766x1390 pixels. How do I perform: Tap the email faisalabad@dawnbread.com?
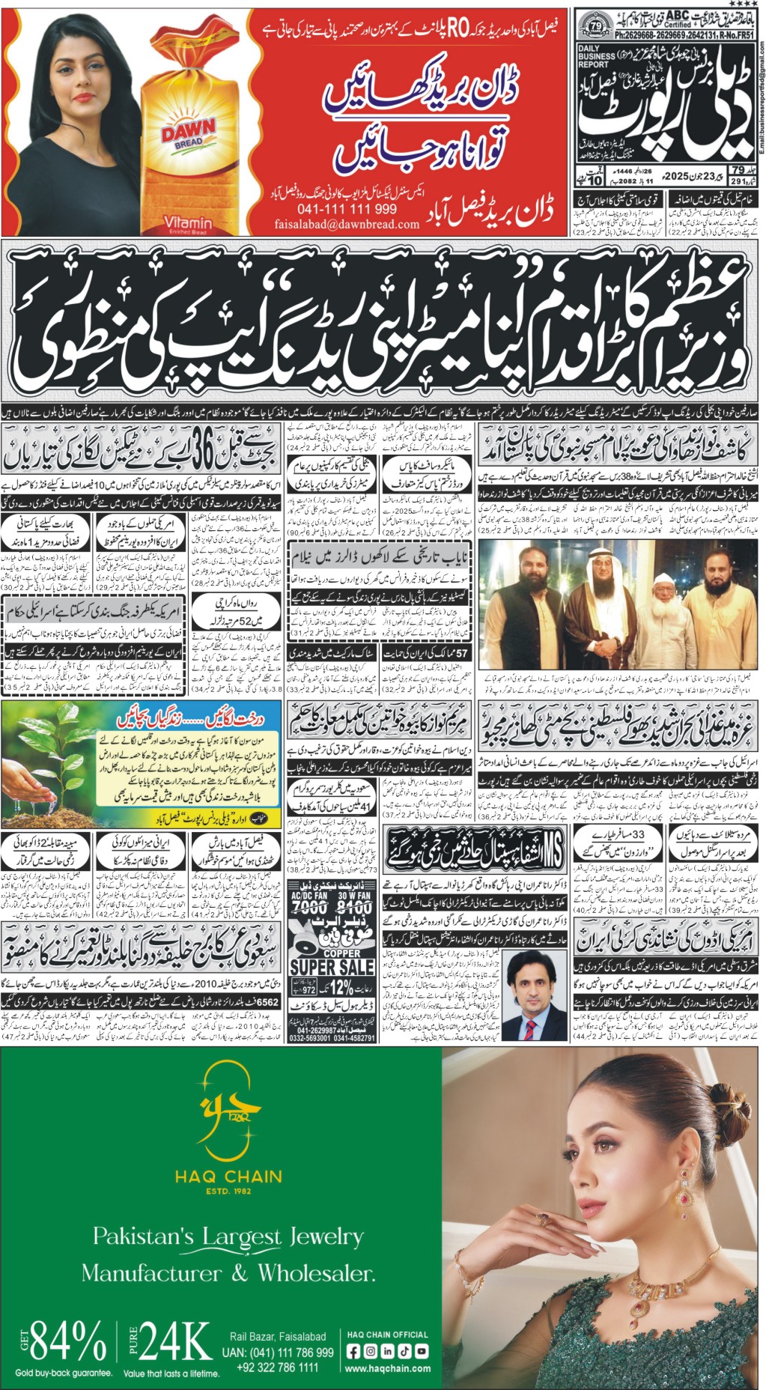tap(347, 223)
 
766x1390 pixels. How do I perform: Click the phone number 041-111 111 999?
tap(347, 208)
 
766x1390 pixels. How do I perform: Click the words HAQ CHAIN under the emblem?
tap(228, 1177)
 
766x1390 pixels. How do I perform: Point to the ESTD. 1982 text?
tap(228, 1191)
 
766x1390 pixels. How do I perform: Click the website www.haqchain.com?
tap(387, 1369)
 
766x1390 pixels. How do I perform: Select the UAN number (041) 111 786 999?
tap(278, 1353)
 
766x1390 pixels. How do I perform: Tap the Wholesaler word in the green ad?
tap(315, 1272)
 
